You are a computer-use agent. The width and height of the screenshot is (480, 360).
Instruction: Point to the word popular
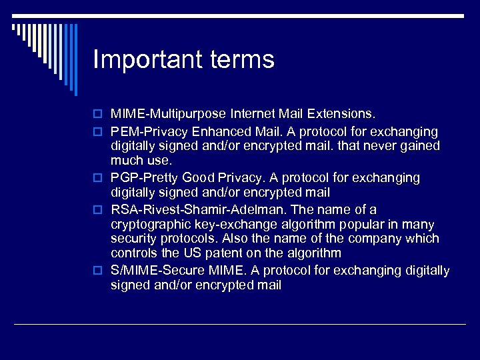[362, 225]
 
